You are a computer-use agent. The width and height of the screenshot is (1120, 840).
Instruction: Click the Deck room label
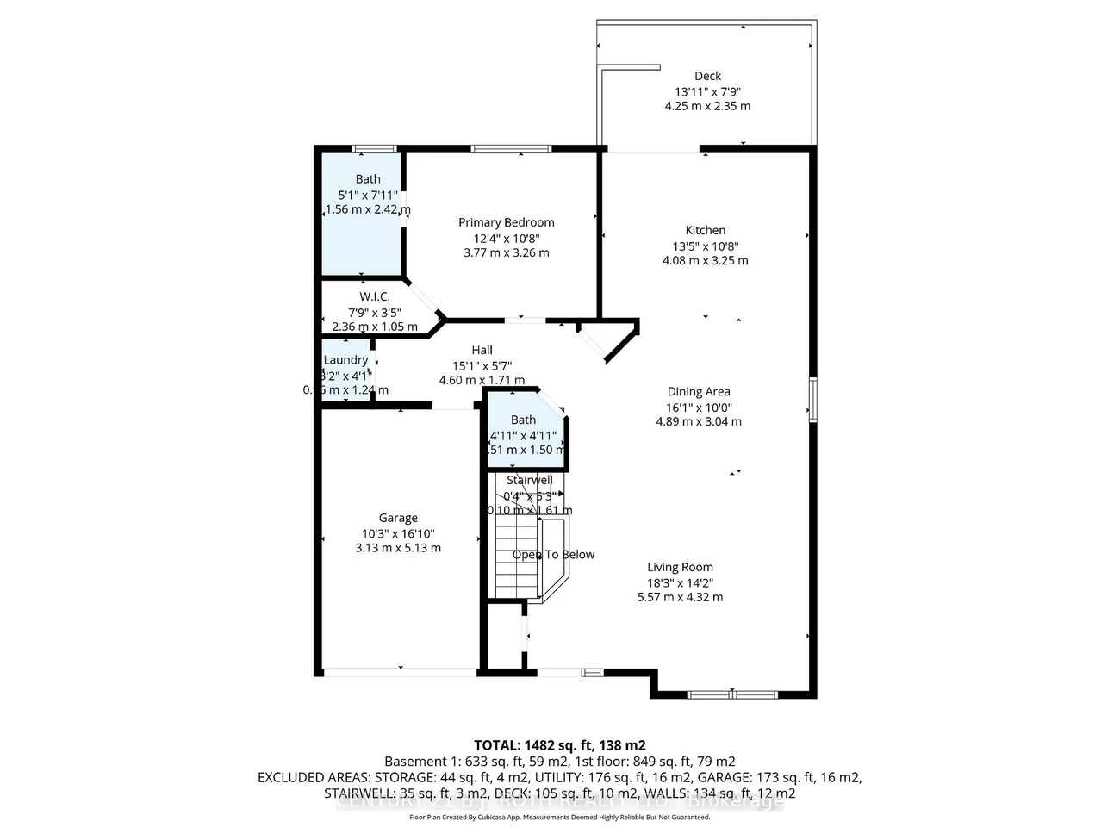[707, 76]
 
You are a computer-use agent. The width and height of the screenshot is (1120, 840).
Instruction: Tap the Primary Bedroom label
[506, 222]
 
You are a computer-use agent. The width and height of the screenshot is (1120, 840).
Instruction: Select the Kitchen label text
[705, 230]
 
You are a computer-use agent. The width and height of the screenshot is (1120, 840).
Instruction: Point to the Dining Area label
[698, 391]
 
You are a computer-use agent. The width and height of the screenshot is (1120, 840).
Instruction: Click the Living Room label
[680, 567]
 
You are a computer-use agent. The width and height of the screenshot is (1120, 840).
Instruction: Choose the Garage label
[398, 518]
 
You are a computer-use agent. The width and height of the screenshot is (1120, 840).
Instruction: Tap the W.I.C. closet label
[375, 296]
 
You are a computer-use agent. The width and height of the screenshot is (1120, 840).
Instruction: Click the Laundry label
[345, 360]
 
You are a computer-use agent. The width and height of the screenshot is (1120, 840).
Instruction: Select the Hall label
[482, 350]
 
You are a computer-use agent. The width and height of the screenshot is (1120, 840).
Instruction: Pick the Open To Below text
[553, 555]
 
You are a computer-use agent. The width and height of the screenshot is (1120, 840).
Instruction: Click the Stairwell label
[529, 480]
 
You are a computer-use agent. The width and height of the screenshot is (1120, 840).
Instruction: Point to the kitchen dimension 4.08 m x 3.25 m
[705, 260]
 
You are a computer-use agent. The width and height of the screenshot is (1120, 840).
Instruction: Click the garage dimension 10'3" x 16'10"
[398, 533]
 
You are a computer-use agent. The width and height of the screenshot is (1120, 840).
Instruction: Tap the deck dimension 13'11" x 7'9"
[707, 91]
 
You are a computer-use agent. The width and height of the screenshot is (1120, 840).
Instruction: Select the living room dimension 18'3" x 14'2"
[680, 582]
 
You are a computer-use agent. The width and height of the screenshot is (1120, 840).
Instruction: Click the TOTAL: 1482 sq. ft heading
[559, 745]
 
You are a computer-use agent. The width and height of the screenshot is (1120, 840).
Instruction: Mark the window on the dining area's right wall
[812, 398]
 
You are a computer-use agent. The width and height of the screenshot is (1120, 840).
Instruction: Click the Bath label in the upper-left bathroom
[368, 179]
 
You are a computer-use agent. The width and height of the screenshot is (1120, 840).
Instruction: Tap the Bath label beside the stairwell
[523, 420]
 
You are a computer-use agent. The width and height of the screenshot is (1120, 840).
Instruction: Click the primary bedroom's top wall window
[511, 149]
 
